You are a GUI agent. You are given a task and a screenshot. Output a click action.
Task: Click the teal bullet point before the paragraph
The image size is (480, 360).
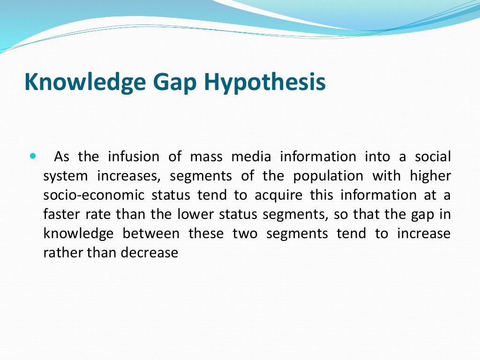point(32,155)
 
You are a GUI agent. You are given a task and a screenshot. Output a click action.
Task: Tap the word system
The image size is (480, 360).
point(65,176)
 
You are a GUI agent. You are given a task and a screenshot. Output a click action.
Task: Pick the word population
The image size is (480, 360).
point(328,176)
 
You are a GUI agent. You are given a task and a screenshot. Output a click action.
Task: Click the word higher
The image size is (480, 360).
point(430,176)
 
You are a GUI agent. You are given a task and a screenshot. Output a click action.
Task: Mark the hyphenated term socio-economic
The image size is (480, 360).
point(94,195)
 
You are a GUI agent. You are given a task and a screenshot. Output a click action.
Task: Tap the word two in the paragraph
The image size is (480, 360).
point(245,233)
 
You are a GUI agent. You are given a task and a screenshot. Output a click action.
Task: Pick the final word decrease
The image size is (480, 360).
point(150,253)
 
